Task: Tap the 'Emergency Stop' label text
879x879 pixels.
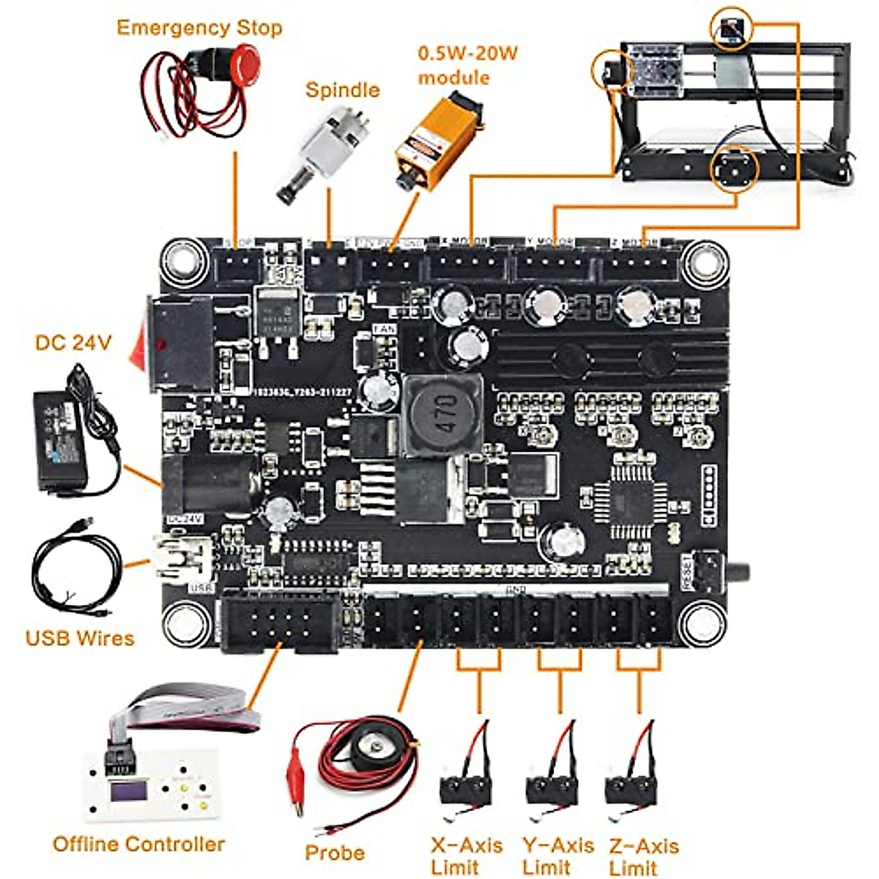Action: pos(199,28)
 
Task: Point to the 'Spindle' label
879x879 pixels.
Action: pos(342,90)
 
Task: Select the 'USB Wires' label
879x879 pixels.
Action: pos(80,638)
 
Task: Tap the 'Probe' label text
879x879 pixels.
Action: pos(335,853)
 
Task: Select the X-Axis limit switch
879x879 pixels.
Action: pos(465,784)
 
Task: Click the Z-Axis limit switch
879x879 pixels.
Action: pos(631,784)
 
